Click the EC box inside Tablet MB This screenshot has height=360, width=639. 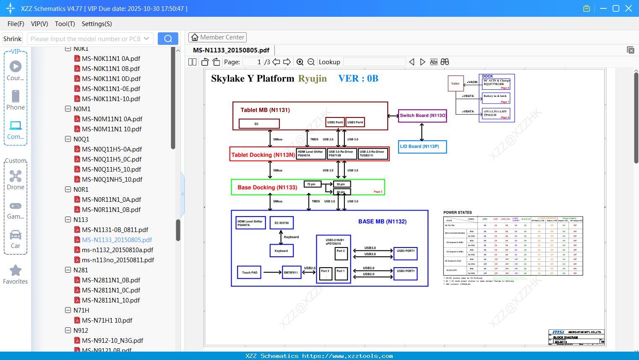pyautogui.click(x=259, y=124)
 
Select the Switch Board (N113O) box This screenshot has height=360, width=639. pyautogui.click(x=423, y=115)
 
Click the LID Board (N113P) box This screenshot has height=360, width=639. pyautogui.click(x=422, y=146)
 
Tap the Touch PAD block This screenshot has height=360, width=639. pyautogui.click(x=249, y=272)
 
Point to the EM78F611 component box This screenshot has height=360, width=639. pyautogui.click(x=291, y=272)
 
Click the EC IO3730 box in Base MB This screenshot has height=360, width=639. pyautogui.click(x=282, y=223)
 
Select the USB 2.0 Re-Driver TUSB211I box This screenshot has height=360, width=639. pyautogui.click(x=373, y=154)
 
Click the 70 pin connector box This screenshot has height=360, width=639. pyautogui.click(x=312, y=184)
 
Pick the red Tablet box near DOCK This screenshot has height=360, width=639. pyautogui.click(x=456, y=83)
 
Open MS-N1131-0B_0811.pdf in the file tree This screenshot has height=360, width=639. pyautogui.click(x=115, y=230)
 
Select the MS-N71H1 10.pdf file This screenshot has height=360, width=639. pyautogui.click(x=107, y=320)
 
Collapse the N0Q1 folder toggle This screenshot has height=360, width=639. pyautogui.click(x=68, y=139)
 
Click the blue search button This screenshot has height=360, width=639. pyautogui.click(x=168, y=39)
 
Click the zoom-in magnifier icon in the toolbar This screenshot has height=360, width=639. pyautogui.click(x=300, y=62)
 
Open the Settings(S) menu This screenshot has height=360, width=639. pyautogui.click(x=97, y=24)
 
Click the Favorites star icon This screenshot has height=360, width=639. pyautogui.click(x=16, y=271)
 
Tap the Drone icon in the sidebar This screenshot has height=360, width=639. pyautogui.click(x=16, y=176)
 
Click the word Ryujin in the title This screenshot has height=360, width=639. pyautogui.click(x=312, y=78)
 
